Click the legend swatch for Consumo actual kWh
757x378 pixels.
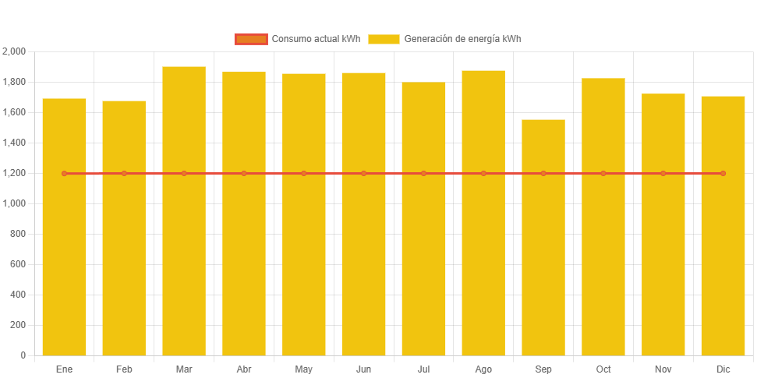click(x=250, y=39)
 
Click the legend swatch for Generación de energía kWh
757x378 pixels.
click(x=384, y=39)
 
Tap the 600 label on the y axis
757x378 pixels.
click(x=18, y=264)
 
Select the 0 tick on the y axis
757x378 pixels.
click(x=23, y=355)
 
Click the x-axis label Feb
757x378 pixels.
click(x=124, y=369)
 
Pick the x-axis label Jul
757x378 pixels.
click(x=423, y=369)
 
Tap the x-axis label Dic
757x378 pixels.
click(x=723, y=369)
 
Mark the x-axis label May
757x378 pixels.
click(x=304, y=369)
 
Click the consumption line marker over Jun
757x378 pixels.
click(x=363, y=173)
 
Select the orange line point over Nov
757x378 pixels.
click(x=663, y=173)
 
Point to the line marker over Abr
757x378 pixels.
click(x=244, y=173)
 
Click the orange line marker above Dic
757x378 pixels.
click(x=723, y=173)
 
